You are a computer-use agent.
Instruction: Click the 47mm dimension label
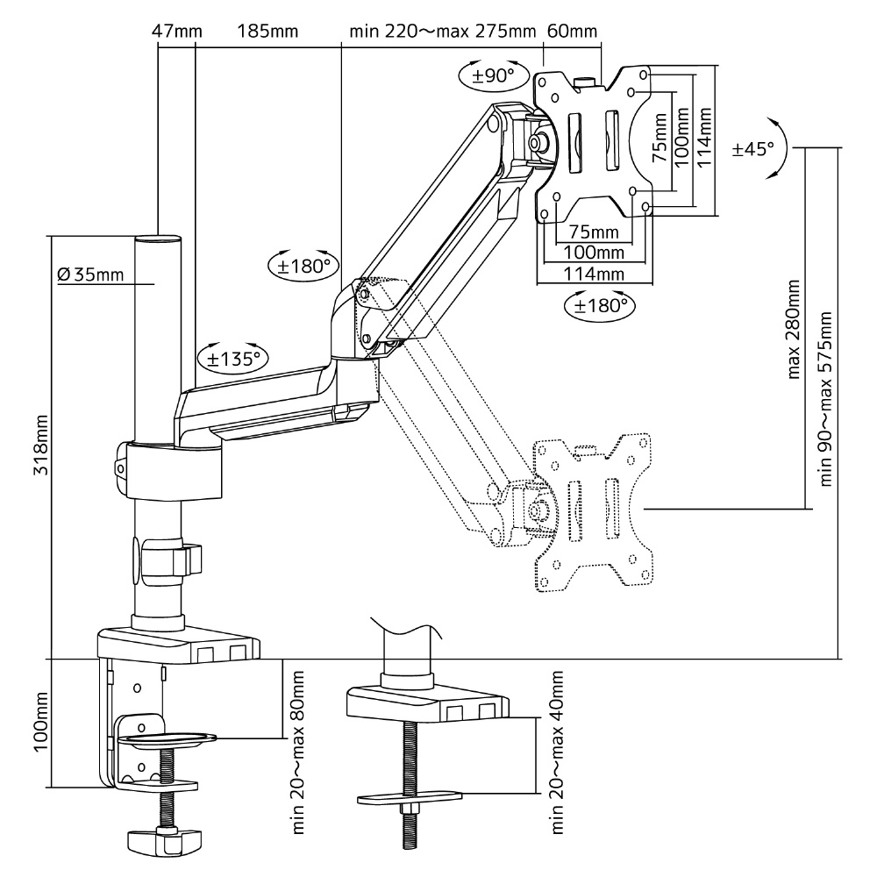177,31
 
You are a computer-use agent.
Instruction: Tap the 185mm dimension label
267,31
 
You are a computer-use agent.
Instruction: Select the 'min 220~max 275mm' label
442,31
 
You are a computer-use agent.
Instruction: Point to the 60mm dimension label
572,31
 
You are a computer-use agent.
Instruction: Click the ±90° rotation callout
493,75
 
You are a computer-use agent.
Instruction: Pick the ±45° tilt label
752,149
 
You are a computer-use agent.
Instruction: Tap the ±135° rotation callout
233,358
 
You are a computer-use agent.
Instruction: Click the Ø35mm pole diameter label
90,274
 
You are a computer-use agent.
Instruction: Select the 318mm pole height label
41,446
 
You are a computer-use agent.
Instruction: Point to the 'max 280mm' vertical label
793,330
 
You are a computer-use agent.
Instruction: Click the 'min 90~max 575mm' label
825,399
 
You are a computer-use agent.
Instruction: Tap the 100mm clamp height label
41,722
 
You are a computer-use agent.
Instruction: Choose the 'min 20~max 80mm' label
297,752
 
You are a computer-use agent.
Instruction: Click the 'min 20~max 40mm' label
557,752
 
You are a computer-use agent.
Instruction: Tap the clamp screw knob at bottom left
164,839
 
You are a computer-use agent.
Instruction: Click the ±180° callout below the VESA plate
600,305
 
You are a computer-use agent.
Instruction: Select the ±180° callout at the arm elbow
304,266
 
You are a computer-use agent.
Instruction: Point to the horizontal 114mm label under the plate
594,274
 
